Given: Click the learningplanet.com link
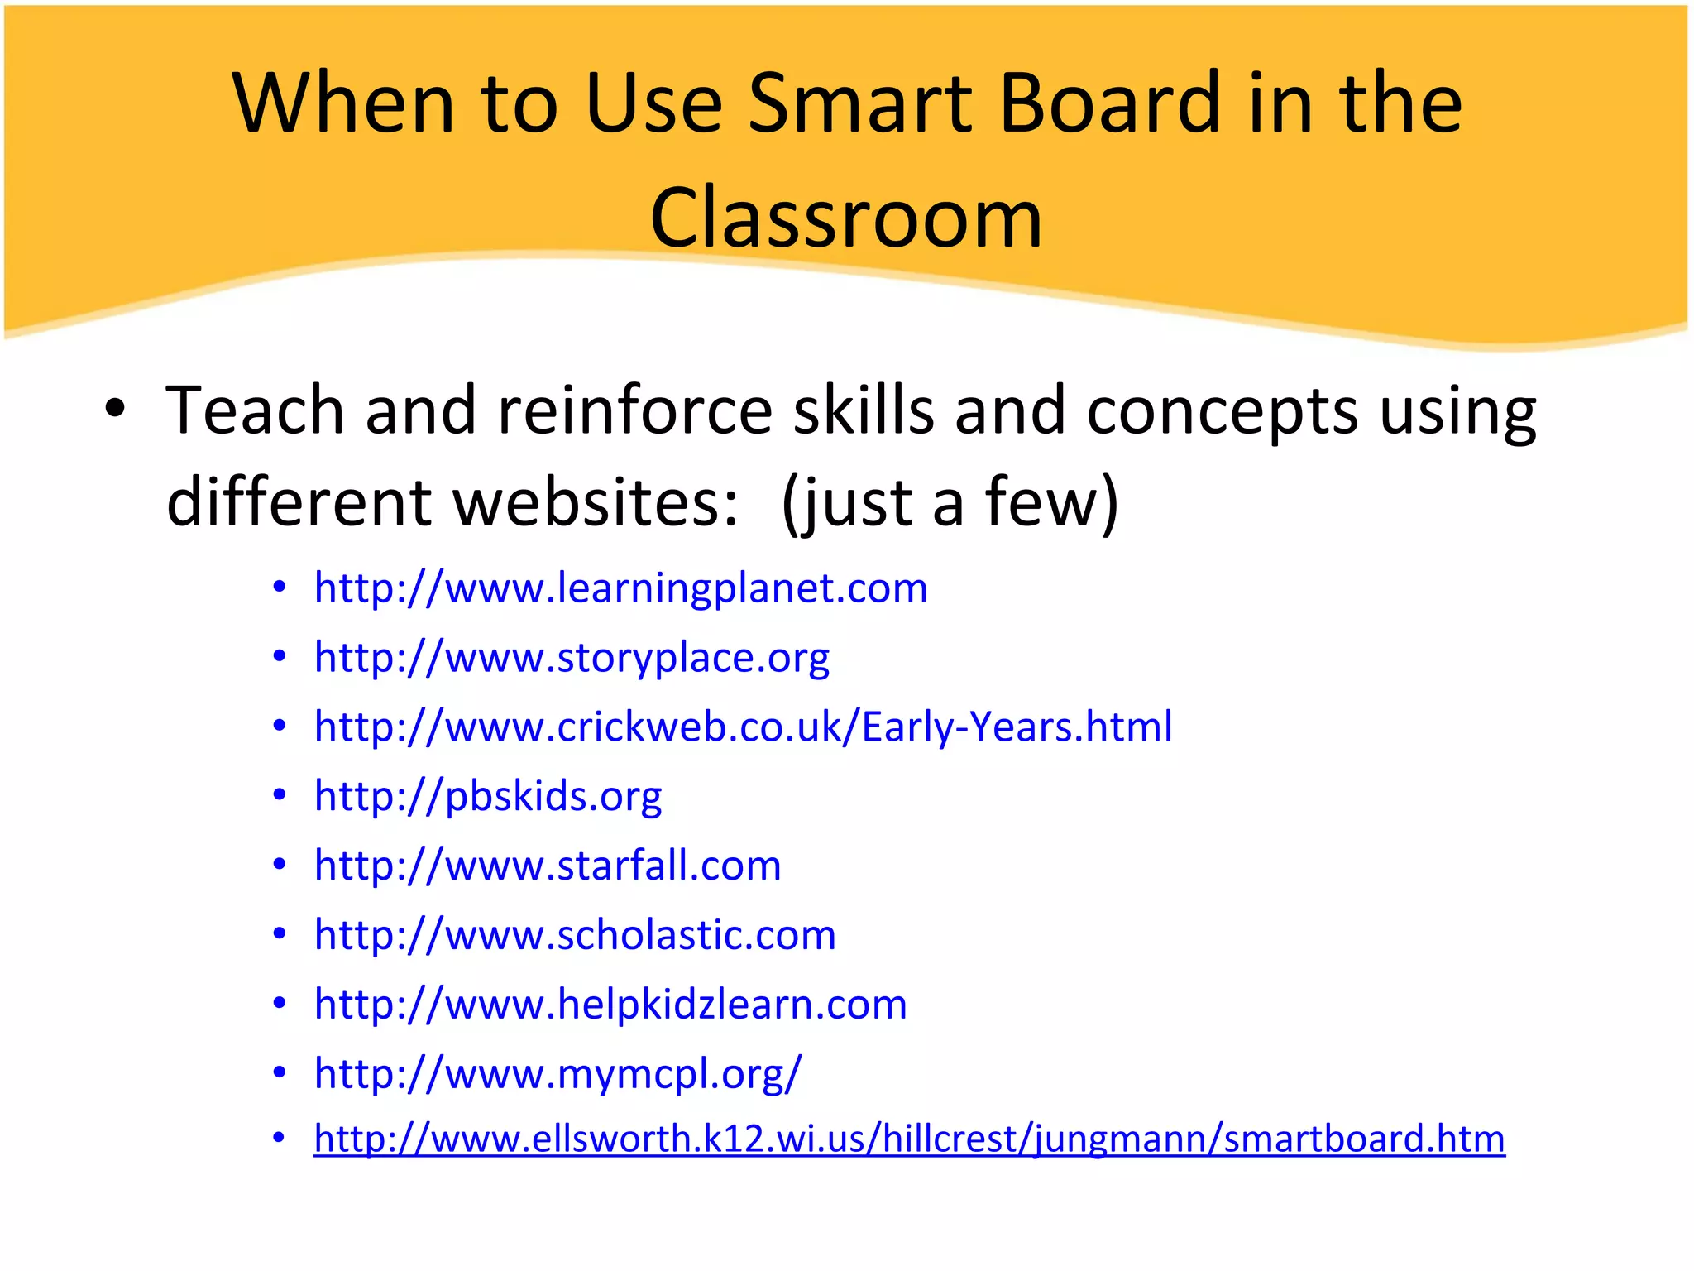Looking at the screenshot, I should point(620,588).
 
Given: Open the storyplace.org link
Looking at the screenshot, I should point(572,658).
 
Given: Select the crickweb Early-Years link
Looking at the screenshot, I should point(743,727).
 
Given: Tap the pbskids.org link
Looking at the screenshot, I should point(488,796).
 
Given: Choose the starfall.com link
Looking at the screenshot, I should point(548,866).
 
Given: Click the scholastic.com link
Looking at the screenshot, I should point(575,935).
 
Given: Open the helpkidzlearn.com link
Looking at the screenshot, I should point(610,1005).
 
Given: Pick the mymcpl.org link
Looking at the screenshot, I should point(557,1074).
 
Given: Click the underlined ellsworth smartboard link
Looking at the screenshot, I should point(909,1139).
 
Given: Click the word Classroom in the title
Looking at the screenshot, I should point(846,218).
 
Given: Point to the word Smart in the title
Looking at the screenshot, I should point(861,103).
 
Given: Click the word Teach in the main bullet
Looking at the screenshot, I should point(255,410).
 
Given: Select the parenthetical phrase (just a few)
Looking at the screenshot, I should point(950,502).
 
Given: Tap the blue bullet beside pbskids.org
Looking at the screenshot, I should point(280,795).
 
